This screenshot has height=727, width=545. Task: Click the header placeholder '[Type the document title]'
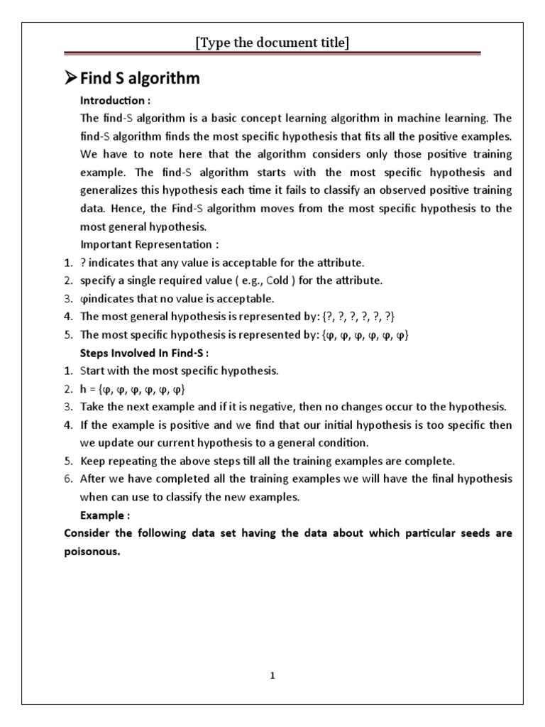coord(272,43)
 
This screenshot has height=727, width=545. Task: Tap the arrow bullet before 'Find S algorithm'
coord(70,79)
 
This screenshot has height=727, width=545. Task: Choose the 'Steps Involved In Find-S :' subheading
coord(145,353)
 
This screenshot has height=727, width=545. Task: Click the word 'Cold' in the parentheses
coord(278,280)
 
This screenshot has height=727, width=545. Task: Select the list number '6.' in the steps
coord(68,479)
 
